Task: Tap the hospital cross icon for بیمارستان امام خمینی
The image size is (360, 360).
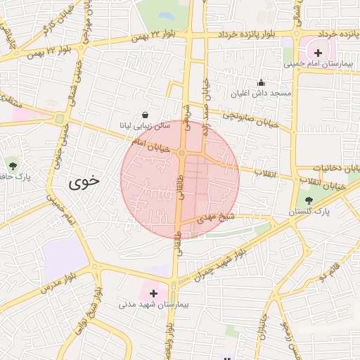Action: tap(317, 53)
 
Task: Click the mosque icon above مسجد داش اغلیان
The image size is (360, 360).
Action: tap(262, 82)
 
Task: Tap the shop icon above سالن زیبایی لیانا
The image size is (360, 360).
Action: tap(145, 114)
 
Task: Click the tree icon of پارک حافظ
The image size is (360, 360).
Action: tap(12, 166)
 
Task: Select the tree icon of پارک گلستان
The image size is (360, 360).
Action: tap(309, 200)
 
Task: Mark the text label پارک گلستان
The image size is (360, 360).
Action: tap(309, 211)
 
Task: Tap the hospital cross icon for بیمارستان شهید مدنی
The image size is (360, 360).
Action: tap(153, 292)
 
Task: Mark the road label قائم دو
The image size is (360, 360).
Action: tap(330, 271)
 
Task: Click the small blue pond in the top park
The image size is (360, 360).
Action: tap(166, 15)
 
